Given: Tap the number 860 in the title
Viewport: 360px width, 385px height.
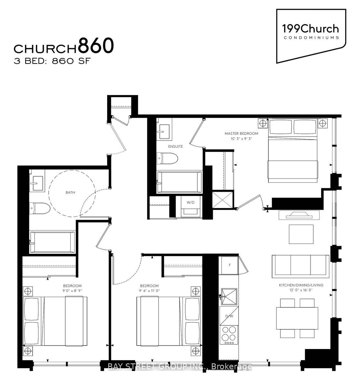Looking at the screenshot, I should [96, 46].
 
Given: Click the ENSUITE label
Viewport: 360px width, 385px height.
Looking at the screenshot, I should [175, 146].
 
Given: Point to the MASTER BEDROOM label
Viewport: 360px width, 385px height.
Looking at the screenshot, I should [241, 133].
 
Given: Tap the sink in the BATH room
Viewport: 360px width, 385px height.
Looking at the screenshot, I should [37, 184].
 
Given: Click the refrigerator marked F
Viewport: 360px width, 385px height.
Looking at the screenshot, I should [229, 265].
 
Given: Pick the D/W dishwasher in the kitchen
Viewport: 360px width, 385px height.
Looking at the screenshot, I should [229, 316].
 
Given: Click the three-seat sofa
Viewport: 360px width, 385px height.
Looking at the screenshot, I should [300, 266].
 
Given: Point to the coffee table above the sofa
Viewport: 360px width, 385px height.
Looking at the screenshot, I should [301, 234].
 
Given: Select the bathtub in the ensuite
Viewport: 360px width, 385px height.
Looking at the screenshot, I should [179, 182].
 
